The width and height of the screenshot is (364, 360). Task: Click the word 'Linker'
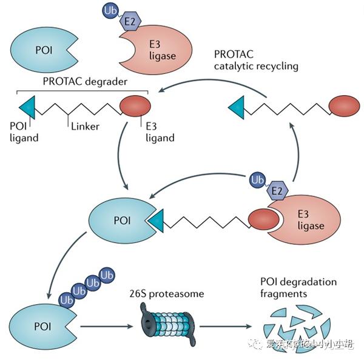(x=84, y=126)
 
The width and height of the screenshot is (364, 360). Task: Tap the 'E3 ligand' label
(x=160, y=132)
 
